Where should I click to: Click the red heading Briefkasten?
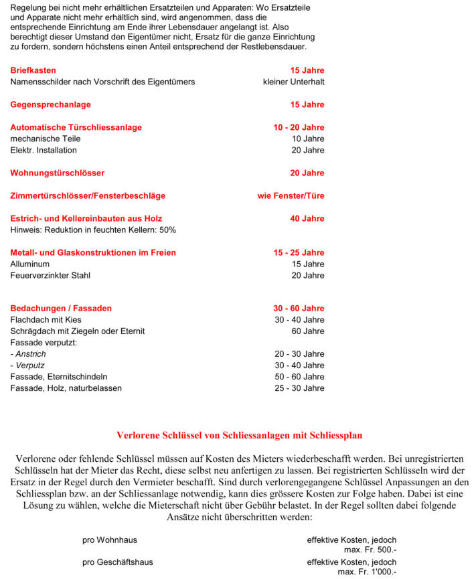(33, 70)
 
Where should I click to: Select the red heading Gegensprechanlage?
(50, 104)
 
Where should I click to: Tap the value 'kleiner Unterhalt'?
(293, 82)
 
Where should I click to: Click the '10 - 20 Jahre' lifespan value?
(299, 127)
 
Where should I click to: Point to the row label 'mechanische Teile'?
(45, 139)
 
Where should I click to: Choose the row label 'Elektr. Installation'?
(44, 150)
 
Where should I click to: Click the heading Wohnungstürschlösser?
(57, 173)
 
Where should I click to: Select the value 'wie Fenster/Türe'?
(291, 195)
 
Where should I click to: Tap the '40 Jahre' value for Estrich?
(307, 218)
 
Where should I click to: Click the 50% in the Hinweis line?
(167, 230)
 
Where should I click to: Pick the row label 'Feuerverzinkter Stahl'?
(50, 275)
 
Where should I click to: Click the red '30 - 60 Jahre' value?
(299, 309)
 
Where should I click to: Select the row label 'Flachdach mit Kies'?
(46, 320)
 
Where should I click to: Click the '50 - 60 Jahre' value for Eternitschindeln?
(299, 377)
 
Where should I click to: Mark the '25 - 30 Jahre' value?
(299, 388)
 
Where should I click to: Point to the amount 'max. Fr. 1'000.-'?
(367, 572)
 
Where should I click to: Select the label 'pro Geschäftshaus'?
(117, 562)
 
